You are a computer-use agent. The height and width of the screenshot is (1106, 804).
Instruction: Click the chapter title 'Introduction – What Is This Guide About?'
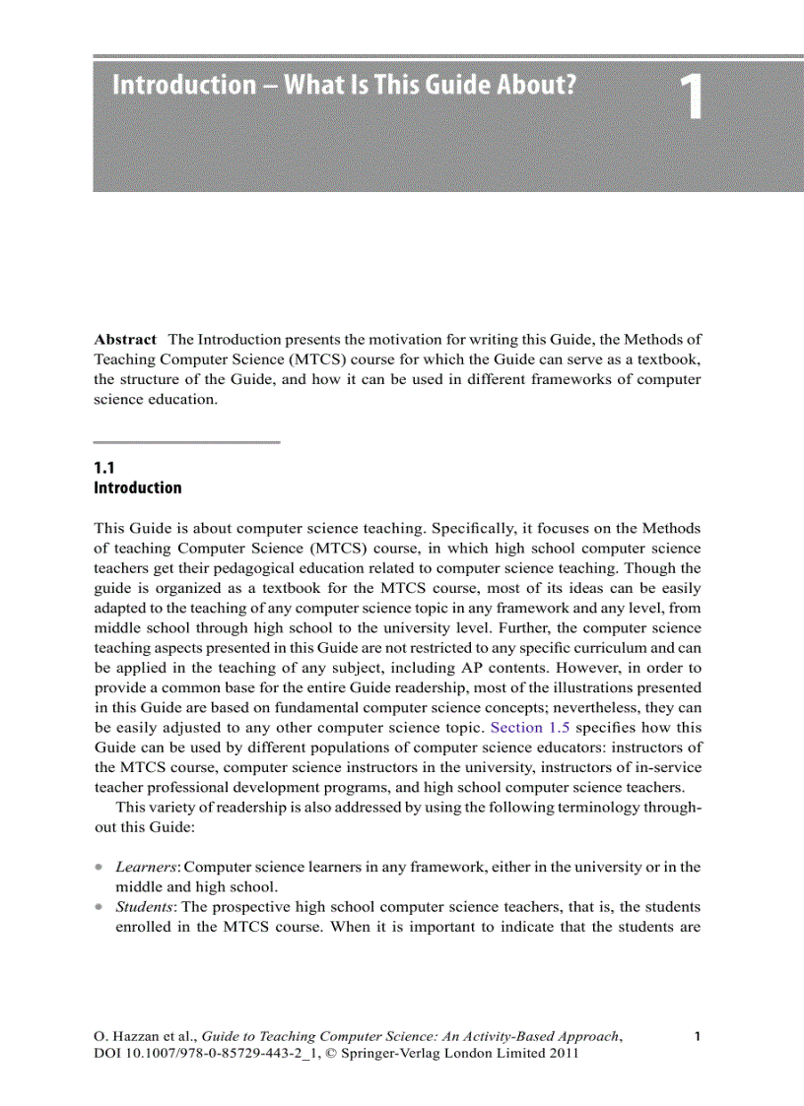coord(344,86)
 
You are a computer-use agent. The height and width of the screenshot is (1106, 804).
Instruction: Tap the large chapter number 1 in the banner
coord(692,100)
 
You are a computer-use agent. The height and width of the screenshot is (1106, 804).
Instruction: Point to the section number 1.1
coord(104,469)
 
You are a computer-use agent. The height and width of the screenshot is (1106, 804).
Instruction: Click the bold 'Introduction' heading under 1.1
coord(137,488)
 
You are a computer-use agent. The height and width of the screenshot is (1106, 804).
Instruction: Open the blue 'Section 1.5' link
coord(530,728)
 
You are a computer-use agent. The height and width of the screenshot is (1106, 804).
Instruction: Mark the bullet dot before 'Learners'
coord(99,868)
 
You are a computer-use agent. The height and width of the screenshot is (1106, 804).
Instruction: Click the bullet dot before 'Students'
coord(99,907)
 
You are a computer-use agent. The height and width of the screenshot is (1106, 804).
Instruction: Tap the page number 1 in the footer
coord(697,1035)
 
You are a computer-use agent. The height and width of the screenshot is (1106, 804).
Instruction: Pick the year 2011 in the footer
coord(561,1054)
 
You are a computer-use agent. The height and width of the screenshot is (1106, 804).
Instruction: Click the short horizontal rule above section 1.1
coord(187,442)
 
